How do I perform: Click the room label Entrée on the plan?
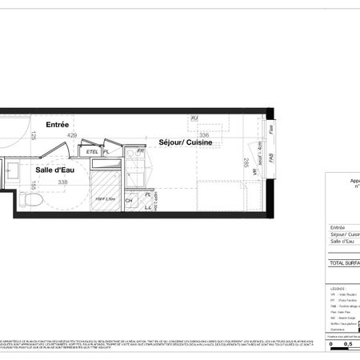coord(57,125)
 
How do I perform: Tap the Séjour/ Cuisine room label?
coord(183,142)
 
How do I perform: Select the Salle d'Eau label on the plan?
coord(55,170)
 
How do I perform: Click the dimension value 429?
coord(71,136)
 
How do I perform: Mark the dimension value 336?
coord(182,136)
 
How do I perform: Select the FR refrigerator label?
coord(139,150)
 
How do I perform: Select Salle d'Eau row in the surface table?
coord(343,242)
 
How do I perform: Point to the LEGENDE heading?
coord(337,287)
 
